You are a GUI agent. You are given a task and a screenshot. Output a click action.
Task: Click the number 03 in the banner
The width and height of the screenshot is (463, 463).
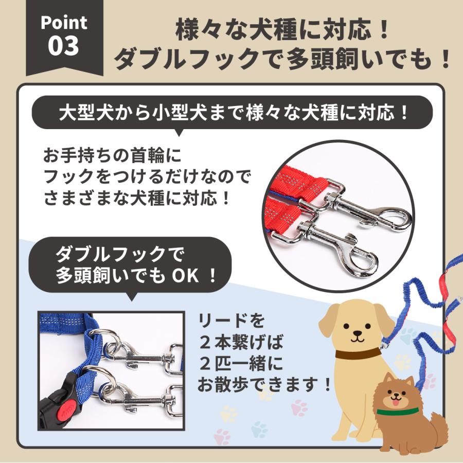(64, 45)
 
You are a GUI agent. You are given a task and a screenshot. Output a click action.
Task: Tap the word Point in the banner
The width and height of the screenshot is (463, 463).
(64, 23)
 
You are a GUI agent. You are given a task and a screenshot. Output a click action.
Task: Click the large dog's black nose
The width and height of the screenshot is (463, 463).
(357, 335)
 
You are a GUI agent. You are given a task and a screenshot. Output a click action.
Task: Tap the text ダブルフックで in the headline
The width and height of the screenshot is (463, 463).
(185, 60)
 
